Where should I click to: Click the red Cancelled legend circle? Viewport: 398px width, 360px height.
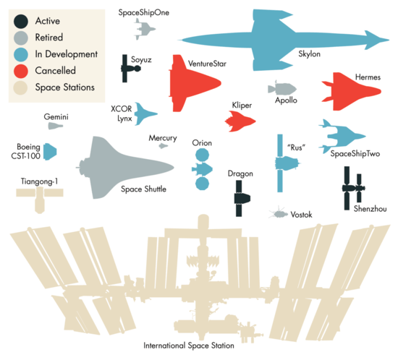[x=21, y=71]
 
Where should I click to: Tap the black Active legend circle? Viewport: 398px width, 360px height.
[x=21, y=20]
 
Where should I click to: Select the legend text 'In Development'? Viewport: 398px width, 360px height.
[x=70, y=54]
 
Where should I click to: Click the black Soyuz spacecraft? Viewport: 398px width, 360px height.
[x=130, y=70]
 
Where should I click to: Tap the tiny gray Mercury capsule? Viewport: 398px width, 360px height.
[x=164, y=146]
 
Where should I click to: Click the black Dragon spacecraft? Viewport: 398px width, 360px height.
[x=240, y=197]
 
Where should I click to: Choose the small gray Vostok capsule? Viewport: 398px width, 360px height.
[x=279, y=213]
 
